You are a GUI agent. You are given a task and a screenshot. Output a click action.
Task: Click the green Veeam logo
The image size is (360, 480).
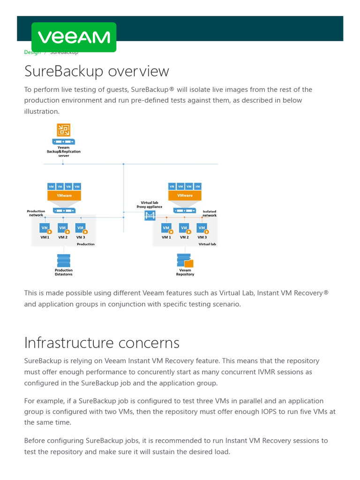click(x=74, y=37)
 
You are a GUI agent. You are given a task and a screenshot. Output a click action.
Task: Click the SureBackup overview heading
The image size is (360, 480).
click(x=97, y=71)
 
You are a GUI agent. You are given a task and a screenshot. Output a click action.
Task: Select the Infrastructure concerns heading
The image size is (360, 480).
click(x=102, y=343)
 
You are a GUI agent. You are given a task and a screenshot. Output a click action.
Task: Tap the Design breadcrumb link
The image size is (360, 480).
click(x=32, y=52)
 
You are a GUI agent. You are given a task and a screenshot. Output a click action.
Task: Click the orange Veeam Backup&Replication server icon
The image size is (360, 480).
click(x=63, y=130)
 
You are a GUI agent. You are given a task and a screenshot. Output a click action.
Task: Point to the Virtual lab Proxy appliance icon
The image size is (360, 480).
click(x=150, y=215)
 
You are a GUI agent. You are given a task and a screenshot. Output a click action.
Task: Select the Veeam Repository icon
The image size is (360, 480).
click(x=185, y=260)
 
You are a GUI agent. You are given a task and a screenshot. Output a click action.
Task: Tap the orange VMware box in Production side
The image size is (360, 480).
click(x=64, y=195)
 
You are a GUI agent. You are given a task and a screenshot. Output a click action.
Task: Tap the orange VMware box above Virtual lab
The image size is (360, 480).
click(x=185, y=195)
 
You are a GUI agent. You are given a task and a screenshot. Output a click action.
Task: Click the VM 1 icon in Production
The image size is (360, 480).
click(x=45, y=228)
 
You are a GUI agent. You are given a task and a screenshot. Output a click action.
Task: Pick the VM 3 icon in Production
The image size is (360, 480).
click(x=81, y=228)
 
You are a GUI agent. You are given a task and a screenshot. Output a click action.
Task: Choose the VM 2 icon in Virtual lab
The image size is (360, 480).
click(x=184, y=228)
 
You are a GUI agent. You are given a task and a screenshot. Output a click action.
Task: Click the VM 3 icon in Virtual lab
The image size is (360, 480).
click(x=202, y=228)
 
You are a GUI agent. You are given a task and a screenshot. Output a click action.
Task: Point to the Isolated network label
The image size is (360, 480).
click(x=210, y=213)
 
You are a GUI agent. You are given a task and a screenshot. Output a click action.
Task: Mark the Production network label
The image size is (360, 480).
click(x=36, y=213)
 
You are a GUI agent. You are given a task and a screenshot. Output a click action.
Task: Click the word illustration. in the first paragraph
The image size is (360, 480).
click(x=42, y=112)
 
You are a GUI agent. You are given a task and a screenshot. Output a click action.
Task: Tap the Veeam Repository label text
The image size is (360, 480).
click(x=185, y=272)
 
